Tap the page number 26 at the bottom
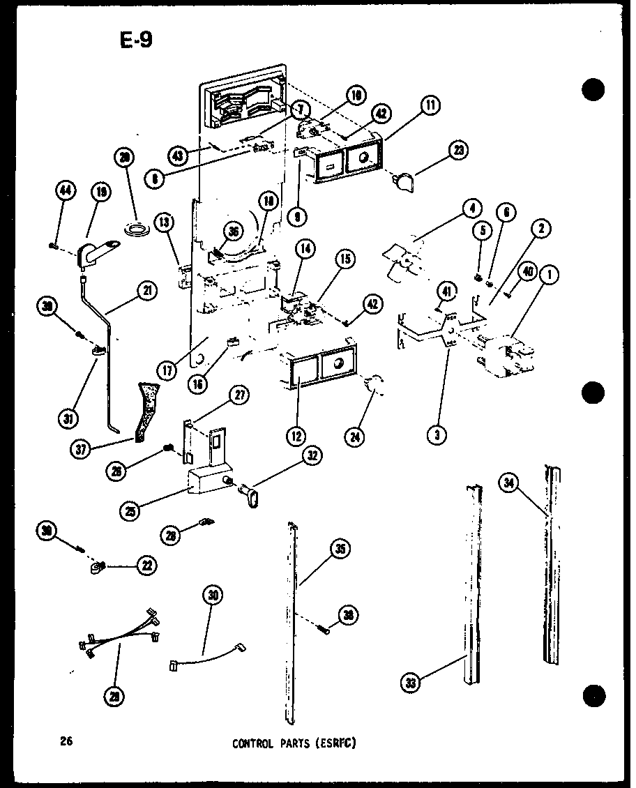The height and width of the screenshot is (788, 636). [x=67, y=741]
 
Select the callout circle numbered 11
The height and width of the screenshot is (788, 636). [x=430, y=107]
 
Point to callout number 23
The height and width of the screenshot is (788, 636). [x=459, y=149]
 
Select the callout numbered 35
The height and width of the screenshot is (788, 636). [x=340, y=549]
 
